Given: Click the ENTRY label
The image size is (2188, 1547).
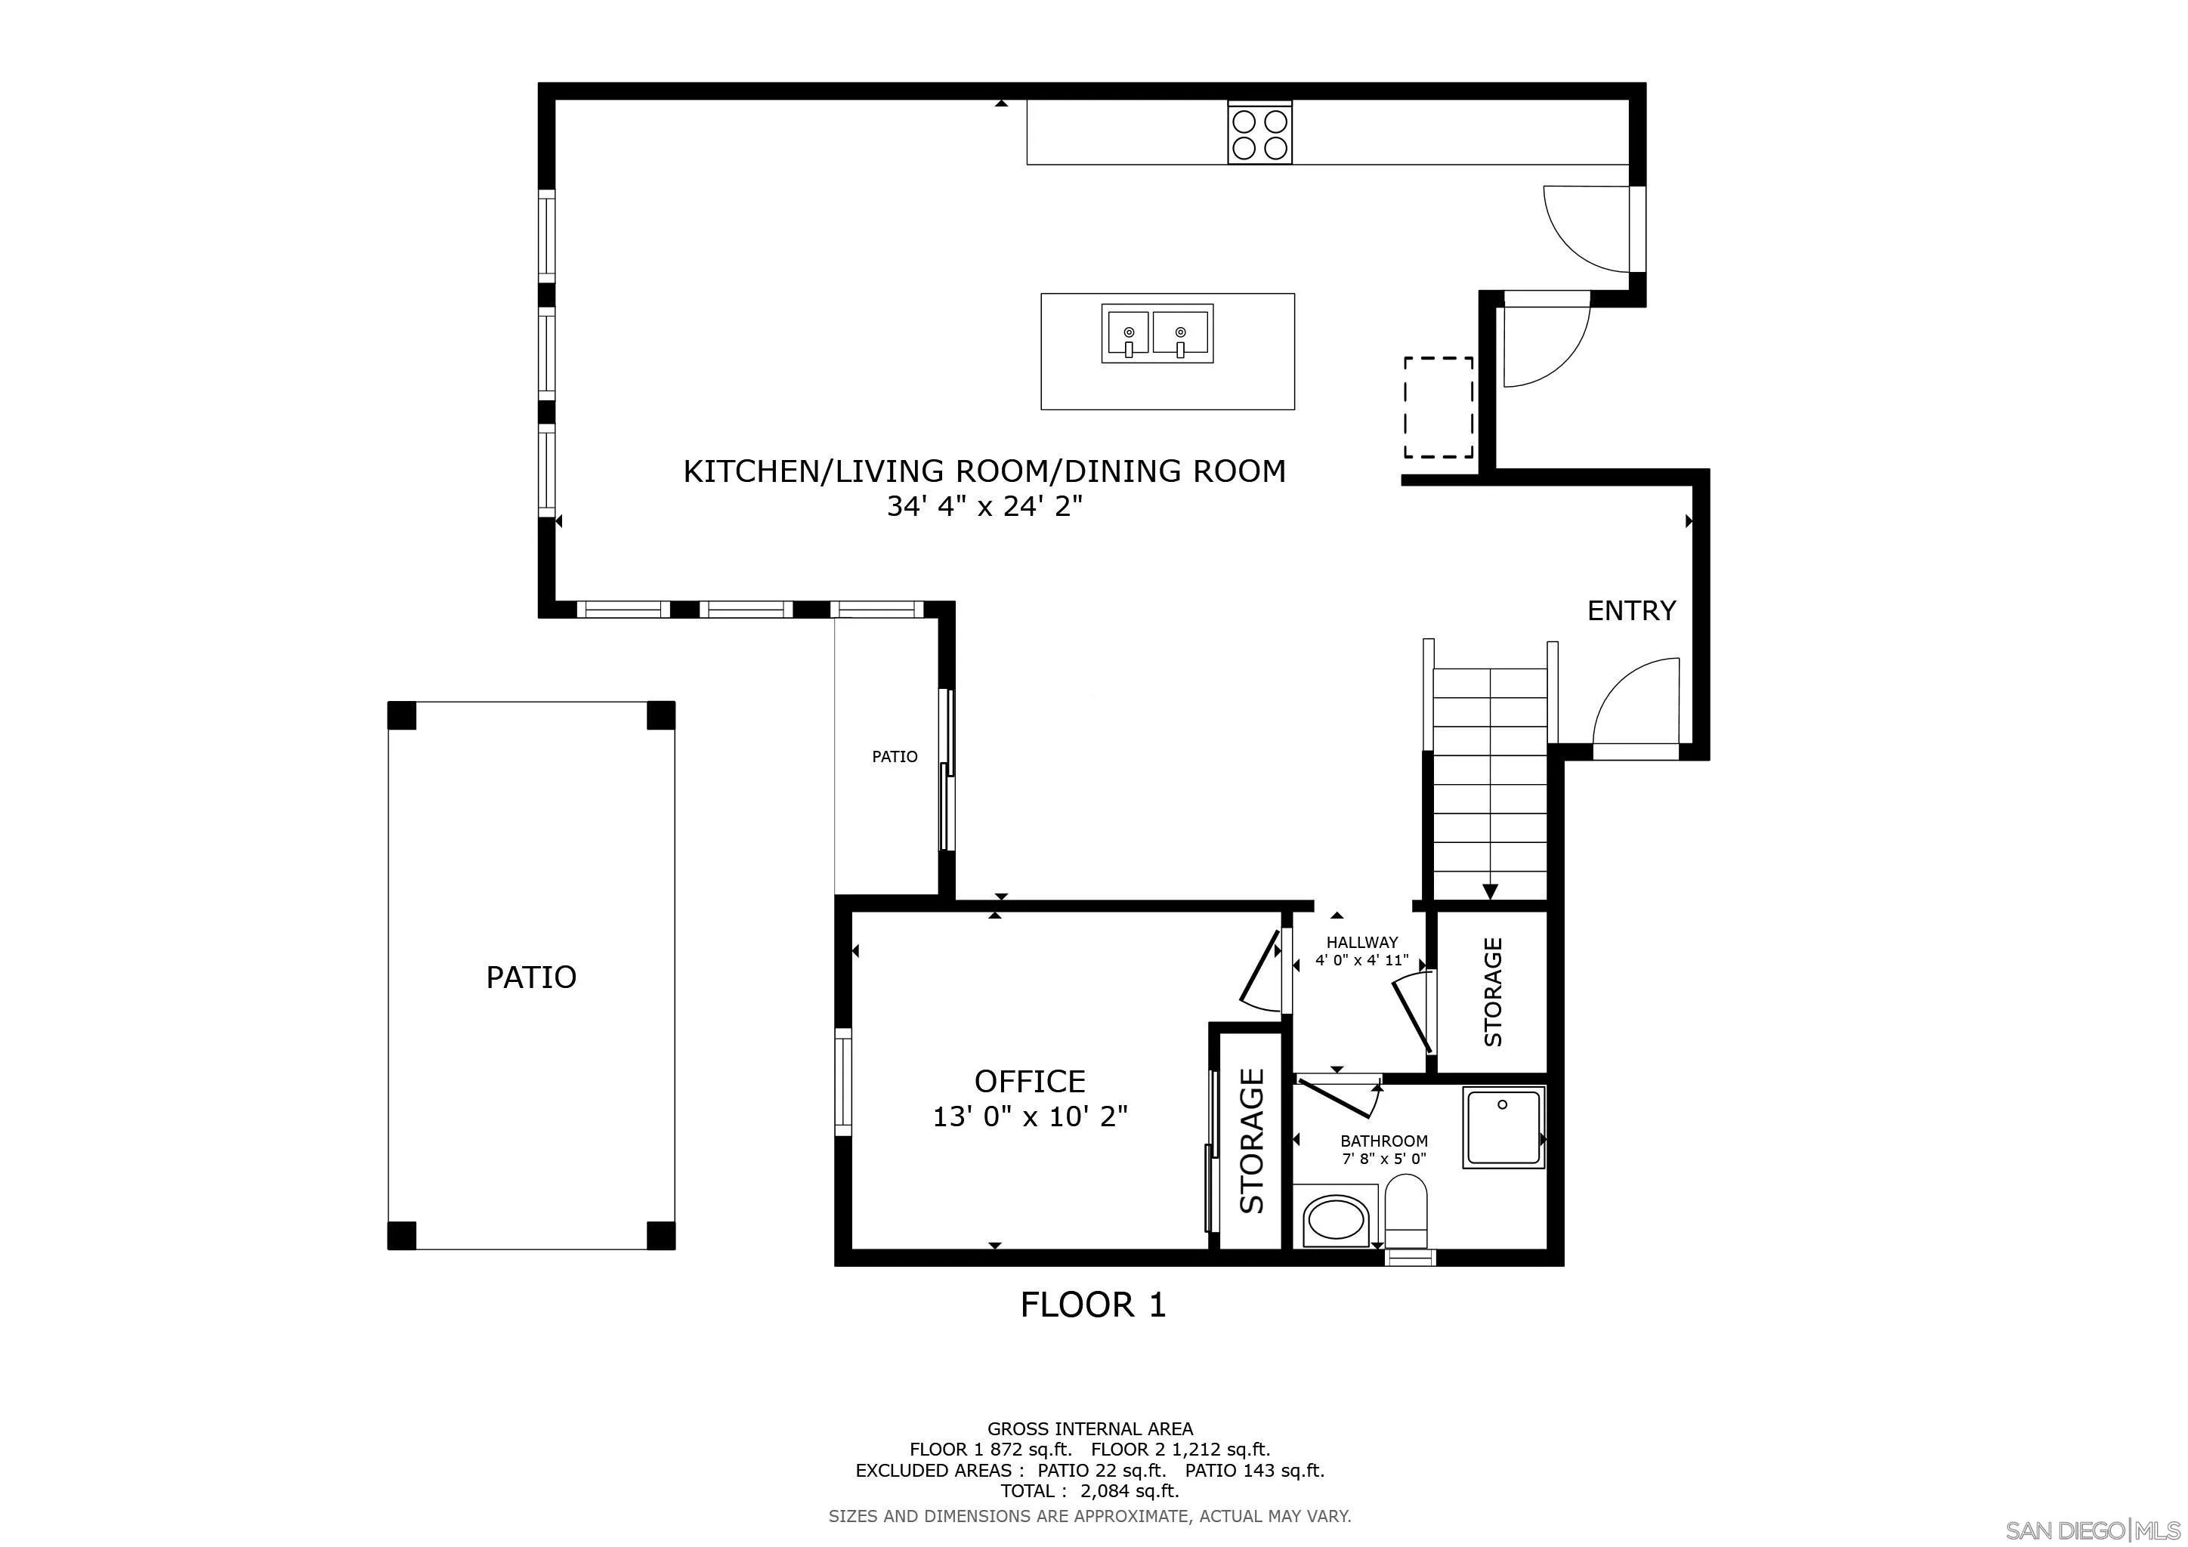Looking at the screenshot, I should click(1630, 610).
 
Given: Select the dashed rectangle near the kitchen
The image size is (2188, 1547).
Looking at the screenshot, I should click(1438, 408).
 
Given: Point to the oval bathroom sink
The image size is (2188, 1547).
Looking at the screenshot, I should click(1335, 1220).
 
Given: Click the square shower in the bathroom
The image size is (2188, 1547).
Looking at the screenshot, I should click(1503, 1129).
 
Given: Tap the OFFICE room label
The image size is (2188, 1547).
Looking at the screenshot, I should click(1029, 1081).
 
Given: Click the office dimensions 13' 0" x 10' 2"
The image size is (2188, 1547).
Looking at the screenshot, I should click(1029, 1116).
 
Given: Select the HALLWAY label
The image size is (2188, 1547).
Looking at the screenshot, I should click(1361, 942).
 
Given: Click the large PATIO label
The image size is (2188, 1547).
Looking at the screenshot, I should click(531, 977).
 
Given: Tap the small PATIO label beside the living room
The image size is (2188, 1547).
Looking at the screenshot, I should click(894, 756).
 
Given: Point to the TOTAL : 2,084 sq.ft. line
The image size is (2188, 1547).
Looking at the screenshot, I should click(1089, 1492).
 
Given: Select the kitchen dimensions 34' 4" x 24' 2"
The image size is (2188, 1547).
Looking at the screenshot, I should click(984, 507).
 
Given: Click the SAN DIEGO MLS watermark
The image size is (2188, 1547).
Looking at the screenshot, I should click(2094, 1531).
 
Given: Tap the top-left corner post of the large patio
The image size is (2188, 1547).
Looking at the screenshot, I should click(401, 715).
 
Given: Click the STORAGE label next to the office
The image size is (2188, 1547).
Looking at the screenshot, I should click(1250, 1141).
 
